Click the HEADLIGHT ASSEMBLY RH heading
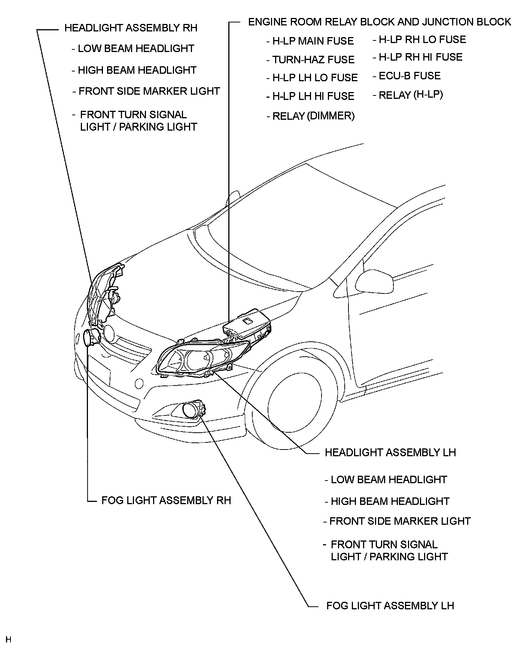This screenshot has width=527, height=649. (x=131, y=28)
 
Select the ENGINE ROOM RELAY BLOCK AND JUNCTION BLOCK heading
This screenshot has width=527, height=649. (x=379, y=22)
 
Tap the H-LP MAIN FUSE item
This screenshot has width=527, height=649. (x=313, y=41)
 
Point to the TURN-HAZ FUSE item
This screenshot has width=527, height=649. (x=313, y=60)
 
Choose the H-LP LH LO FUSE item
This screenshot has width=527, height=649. (x=315, y=78)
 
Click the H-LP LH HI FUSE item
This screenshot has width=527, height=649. (x=313, y=96)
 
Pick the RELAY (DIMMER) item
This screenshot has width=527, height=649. (x=313, y=116)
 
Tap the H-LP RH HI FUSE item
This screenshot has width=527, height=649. (x=421, y=57)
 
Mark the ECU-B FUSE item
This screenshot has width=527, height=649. (x=409, y=76)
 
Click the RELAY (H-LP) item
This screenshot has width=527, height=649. (x=411, y=95)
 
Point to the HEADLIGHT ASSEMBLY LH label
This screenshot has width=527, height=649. (x=390, y=453)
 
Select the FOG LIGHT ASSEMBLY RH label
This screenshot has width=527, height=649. (x=166, y=500)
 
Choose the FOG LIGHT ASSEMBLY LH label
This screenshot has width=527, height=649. (x=390, y=606)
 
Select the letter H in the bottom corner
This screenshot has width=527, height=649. (x=9, y=639)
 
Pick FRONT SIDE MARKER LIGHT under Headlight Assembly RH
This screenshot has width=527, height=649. (x=149, y=91)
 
